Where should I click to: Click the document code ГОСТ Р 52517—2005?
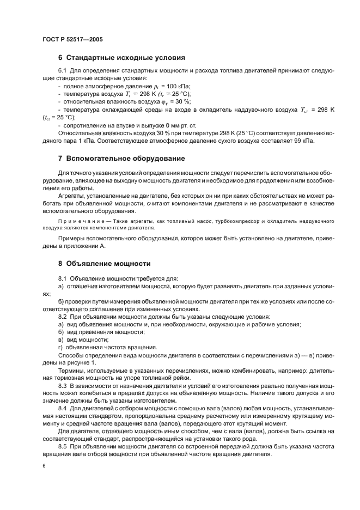pos(72,40)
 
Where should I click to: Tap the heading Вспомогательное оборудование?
pos(125,159)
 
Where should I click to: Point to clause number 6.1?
pos(62,71)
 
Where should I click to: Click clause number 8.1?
pos(62,278)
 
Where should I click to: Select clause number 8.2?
pos(62,317)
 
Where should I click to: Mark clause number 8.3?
pos(62,385)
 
